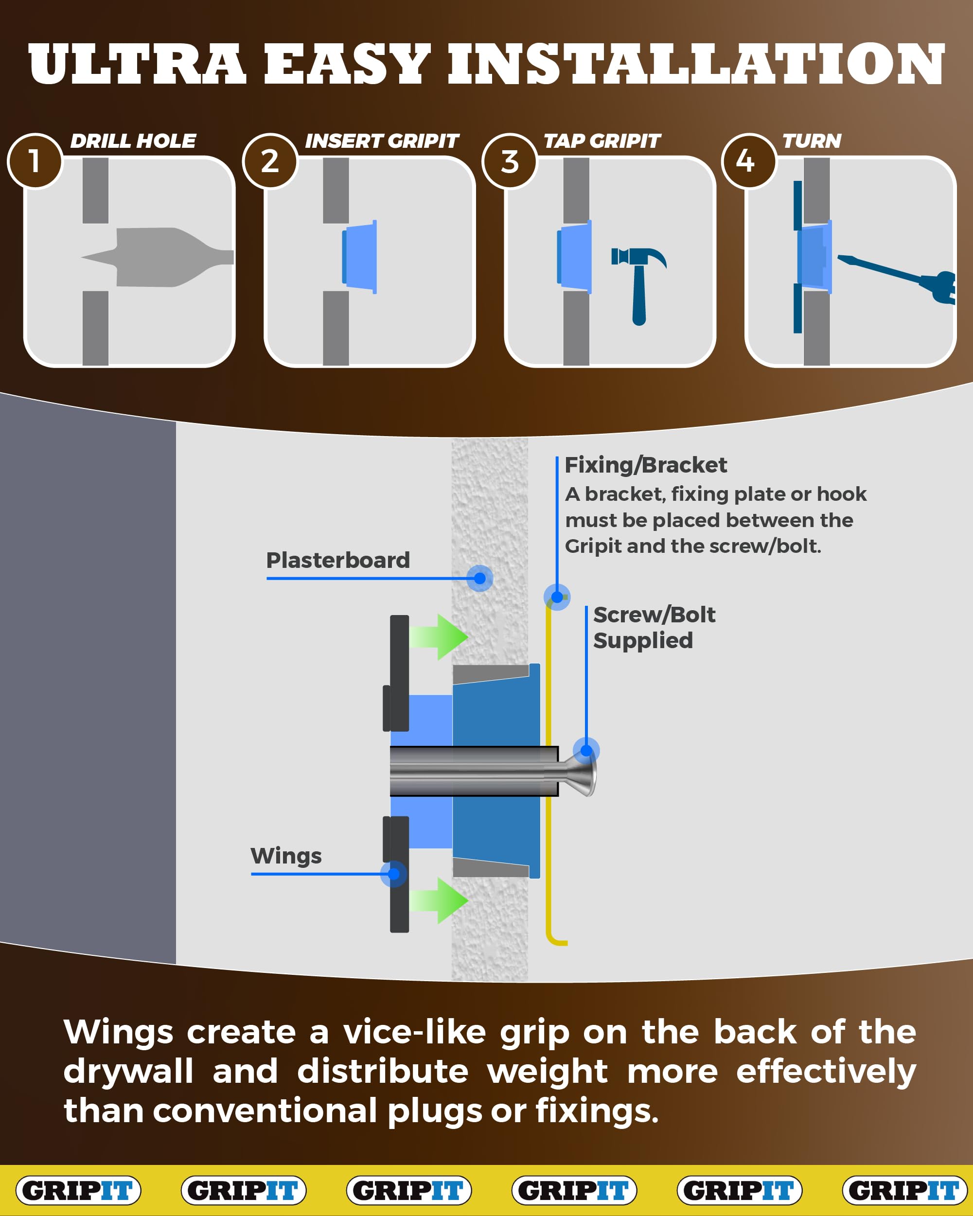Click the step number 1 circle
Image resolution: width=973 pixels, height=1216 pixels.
[x=35, y=161]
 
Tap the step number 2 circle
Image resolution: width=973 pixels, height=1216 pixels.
[x=269, y=161]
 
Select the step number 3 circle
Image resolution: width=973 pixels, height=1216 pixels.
[x=509, y=161]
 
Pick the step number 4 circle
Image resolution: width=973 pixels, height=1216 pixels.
[x=749, y=161]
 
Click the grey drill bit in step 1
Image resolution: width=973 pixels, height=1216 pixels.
[x=158, y=257]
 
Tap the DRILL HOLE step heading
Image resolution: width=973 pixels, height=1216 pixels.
[x=133, y=141]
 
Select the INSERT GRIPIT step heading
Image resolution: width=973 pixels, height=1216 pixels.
[x=382, y=141]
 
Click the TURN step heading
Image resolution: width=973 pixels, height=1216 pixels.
[x=811, y=141]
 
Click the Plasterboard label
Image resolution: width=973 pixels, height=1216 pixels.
[x=338, y=560]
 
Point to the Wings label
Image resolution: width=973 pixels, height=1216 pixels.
[x=286, y=856]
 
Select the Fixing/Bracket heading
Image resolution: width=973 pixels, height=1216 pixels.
[x=645, y=465]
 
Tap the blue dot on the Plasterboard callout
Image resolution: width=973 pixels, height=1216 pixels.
[x=480, y=578]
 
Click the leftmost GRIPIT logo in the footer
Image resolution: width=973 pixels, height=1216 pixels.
[x=78, y=1190]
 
